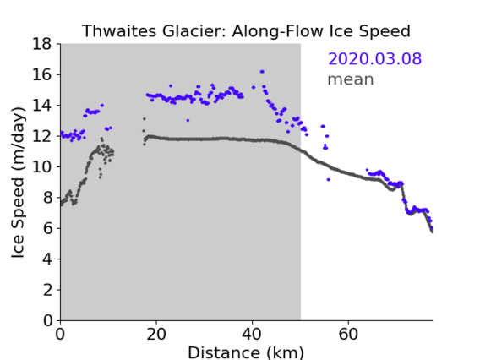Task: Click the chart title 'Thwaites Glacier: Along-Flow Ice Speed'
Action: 246,31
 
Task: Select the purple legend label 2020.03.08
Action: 374,58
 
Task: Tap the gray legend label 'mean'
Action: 351,79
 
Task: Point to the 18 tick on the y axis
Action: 42,44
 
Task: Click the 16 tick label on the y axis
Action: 42,74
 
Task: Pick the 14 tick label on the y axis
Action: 42,105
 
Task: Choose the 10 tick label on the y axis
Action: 42,166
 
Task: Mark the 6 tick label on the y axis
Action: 47,228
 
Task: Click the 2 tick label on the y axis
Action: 47,290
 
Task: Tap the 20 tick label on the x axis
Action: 156,335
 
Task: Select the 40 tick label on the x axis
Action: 252,335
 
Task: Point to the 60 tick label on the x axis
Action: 348,335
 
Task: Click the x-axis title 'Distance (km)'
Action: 246,352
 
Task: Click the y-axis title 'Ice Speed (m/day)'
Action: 18,183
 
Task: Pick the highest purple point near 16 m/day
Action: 262,72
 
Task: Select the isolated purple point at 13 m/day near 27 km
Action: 188,120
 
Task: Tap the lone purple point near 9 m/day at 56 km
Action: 329,180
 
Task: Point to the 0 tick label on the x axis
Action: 60,335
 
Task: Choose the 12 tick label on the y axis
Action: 42,136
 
